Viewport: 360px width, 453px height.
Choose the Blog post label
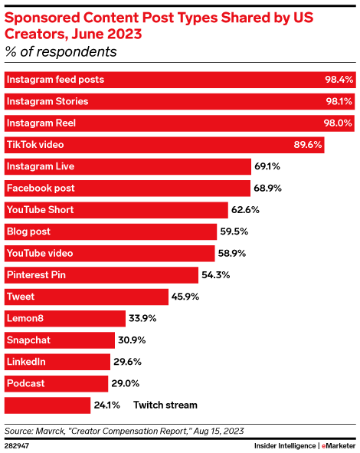point(28,231)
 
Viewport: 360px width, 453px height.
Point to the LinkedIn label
point(25,362)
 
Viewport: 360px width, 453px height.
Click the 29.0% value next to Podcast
point(127,383)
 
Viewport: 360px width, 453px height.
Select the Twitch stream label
point(165,405)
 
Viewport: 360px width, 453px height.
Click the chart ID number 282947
point(18,444)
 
